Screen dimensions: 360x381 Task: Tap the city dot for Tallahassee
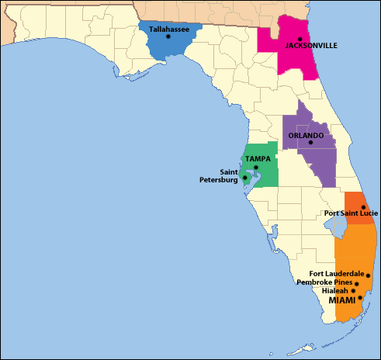(x=168, y=37)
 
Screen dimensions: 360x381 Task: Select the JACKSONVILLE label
(x=311, y=46)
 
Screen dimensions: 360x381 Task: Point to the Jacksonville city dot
(x=300, y=39)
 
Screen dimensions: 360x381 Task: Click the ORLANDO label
(x=306, y=135)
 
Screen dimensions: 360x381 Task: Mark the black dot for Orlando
(x=310, y=143)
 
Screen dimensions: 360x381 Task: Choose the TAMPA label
(x=258, y=159)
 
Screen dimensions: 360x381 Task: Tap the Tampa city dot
(x=256, y=168)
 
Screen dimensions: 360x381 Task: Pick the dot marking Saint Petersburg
(x=245, y=178)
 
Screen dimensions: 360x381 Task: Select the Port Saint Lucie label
(x=341, y=214)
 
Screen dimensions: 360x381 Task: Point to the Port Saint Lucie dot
(x=363, y=207)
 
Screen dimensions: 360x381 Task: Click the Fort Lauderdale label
(x=336, y=273)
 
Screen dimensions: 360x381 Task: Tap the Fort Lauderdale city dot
(x=368, y=275)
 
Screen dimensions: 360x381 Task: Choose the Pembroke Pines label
(x=325, y=282)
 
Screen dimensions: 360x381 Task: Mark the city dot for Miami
(x=360, y=298)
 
